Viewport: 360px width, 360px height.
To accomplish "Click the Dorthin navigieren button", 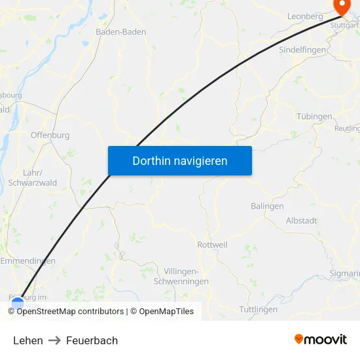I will click(179, 160).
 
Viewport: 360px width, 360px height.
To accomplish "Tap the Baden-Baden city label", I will click(120, 31).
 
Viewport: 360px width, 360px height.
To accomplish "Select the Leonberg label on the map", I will click(304, 16).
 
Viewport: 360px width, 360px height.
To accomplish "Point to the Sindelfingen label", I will click(302, 50).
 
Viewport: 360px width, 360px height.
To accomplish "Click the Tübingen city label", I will click(314, 117).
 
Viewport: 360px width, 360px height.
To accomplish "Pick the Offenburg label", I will click(50, 135).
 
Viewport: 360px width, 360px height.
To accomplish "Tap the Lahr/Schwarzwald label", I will click(32, 178).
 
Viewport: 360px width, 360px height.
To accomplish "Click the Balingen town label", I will click(267, 206).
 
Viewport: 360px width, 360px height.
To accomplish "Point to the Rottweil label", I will click(212, 245).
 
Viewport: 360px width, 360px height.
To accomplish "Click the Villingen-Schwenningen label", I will click(181, 276).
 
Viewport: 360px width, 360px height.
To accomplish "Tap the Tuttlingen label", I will click(259, 309).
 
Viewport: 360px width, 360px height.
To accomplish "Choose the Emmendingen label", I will click(27, 261).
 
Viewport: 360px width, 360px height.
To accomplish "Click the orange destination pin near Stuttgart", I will click(342, 7).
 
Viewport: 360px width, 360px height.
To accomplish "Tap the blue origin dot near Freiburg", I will click(18, 304).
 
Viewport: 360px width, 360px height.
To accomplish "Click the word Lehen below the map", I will click(28, 340).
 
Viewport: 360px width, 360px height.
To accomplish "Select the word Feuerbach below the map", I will click(92, 340).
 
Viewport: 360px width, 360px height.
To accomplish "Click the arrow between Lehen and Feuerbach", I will click(54, 340).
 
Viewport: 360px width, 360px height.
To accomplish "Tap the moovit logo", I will click(321, 340).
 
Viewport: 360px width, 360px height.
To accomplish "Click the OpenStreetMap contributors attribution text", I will click(70, 312).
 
